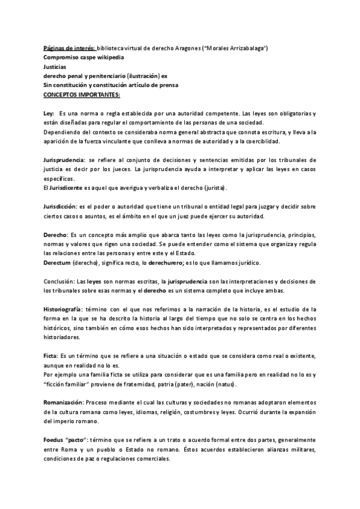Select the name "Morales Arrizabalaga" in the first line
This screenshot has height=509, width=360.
point(236,47)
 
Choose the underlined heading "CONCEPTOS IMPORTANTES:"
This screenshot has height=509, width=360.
point(82,94)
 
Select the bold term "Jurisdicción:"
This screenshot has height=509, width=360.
point(64,206)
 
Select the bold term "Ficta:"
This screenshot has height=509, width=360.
point(52,355)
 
